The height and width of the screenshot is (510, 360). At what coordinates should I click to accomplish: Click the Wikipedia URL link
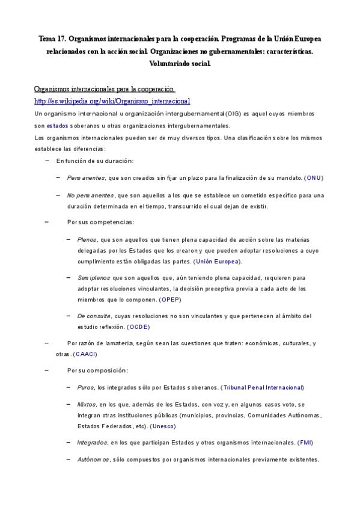(112, 101)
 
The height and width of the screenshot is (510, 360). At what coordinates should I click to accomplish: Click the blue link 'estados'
(58, 126)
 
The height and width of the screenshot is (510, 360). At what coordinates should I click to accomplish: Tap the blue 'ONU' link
(314, 178)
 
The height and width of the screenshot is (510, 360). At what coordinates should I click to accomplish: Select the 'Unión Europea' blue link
(218, 261)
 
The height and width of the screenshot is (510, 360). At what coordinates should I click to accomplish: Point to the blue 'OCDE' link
(139, 327)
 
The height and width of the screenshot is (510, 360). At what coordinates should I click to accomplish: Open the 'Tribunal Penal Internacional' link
(263, 387)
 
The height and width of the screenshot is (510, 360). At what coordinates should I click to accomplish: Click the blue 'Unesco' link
(163, 426)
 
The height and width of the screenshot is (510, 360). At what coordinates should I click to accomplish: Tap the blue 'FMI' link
(305, 443)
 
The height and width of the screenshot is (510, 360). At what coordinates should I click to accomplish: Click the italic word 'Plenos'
(87, 239)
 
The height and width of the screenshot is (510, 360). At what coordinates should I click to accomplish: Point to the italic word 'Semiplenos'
(93, 277)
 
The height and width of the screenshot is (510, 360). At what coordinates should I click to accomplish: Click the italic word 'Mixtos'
(87, 404)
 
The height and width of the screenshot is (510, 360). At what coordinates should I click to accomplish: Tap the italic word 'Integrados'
(92, 443)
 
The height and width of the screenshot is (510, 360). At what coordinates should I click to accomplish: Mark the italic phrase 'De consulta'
(94, 316)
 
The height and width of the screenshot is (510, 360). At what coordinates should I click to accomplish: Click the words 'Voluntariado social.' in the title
(180, 63)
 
